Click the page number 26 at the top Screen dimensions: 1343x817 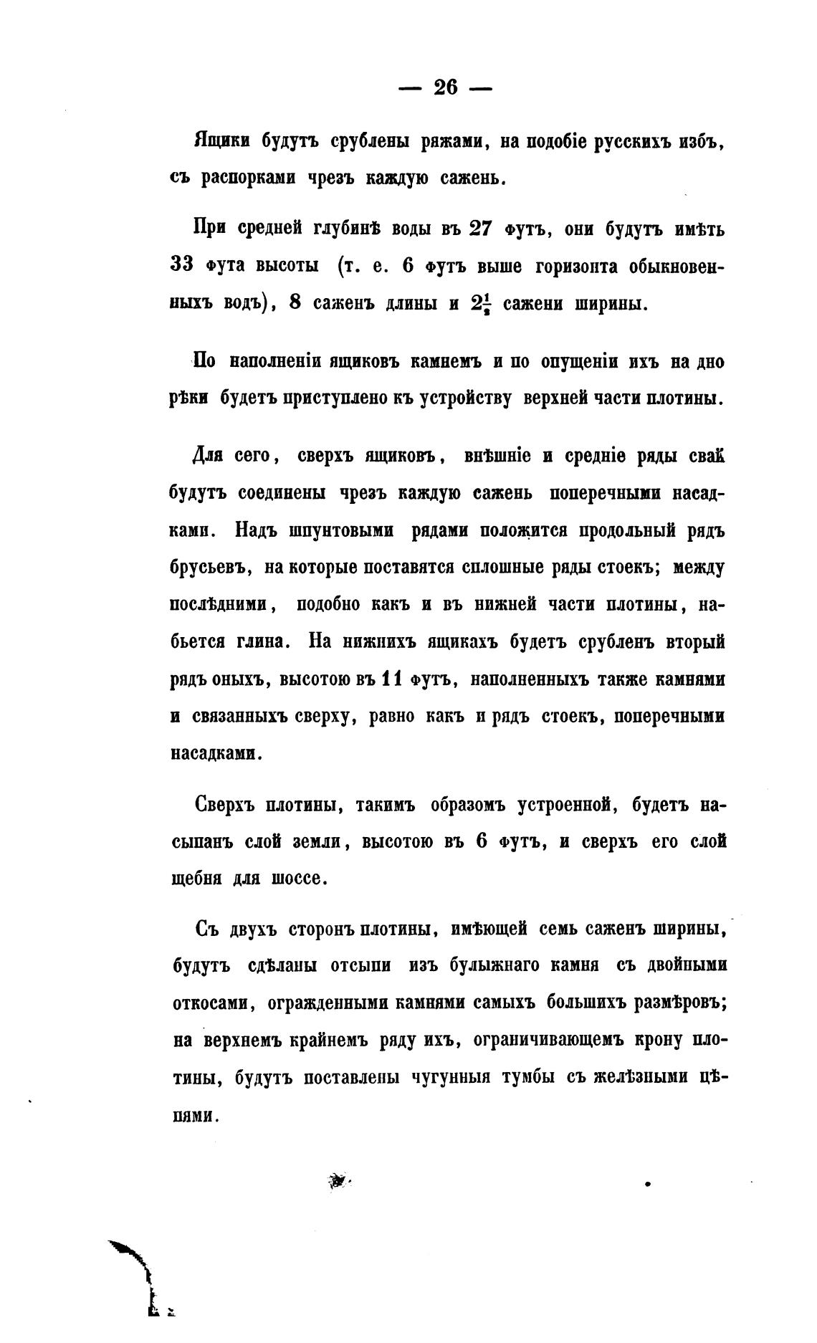pos(444,87)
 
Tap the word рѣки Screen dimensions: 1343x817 pos(188,398)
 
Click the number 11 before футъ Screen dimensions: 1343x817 pos(391,679)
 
